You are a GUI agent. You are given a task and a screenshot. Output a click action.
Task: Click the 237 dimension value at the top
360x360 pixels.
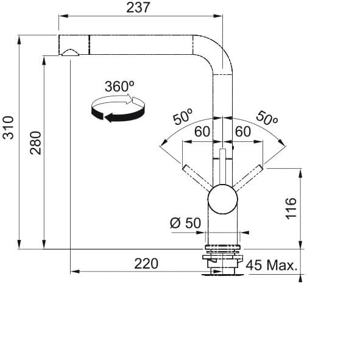(x=138, y=7)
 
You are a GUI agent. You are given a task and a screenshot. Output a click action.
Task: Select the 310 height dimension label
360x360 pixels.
(x=8, y=128)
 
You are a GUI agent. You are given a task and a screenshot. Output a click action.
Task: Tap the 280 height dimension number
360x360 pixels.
(x=35, y=143)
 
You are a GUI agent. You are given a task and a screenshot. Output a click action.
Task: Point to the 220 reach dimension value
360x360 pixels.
(x=146, y=264)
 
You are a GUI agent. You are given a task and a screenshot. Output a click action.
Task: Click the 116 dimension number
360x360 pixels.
(x=291, y=208)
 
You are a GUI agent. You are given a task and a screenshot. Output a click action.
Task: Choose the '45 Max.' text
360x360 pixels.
(x=272, y=265)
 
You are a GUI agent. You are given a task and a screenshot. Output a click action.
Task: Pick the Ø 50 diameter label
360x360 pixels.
(x=186, y=223)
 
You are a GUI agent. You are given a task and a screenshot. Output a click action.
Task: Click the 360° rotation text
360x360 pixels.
(x=119, y=86)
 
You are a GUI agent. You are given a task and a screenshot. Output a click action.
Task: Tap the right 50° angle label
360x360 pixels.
(x=267, y=118)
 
